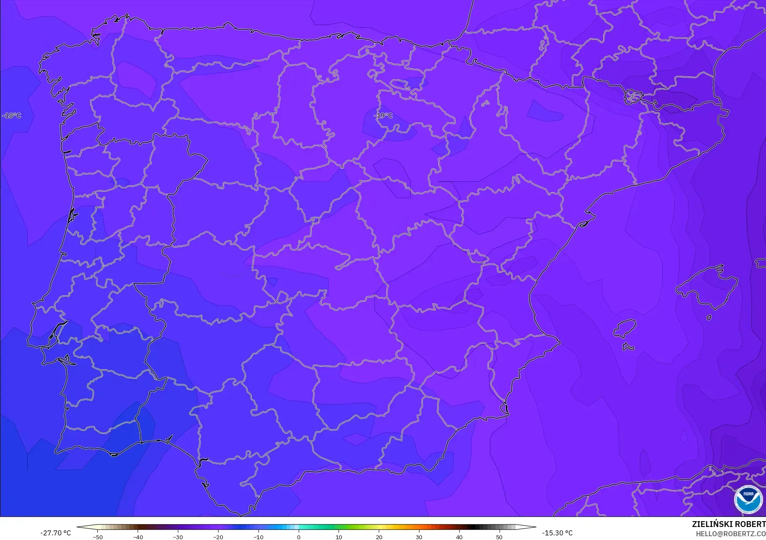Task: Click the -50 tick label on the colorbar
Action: click(x=97, y=537)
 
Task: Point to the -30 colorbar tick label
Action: click(x=178, y=537)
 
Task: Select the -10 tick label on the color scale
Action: click(x=258, y=537)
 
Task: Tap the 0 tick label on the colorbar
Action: click(x=298, y=537)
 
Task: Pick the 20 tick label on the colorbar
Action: click(x=379, y=537)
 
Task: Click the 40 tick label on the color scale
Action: click(x=459, y=537)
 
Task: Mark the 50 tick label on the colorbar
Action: click(x=499, y=537)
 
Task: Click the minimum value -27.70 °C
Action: click(x=56, y=533)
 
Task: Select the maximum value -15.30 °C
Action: click(x=557, y=533)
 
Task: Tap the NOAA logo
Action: click(x=748, y=499)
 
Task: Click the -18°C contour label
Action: click(x=12, y=115)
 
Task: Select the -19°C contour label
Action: click(x=383, y=115)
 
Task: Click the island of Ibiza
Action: click(x=625, y=328)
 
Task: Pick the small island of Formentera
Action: click(x=628, y=347)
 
